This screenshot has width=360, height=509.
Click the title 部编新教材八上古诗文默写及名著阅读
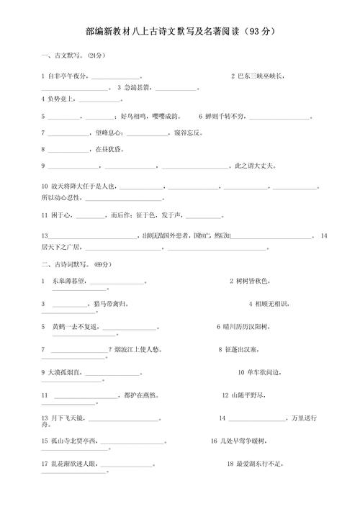[170, 32]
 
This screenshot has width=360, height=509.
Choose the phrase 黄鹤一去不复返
[76, 327]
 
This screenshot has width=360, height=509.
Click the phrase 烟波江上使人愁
[144, 350]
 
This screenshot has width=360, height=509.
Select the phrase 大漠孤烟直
[66, 372]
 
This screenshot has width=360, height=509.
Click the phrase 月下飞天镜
[68, 418]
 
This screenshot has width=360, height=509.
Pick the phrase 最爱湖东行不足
[259, 464]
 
